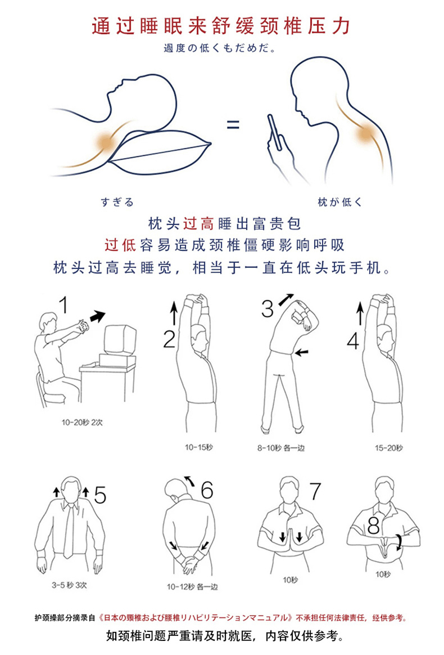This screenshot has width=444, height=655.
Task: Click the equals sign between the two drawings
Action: tap(233, 124)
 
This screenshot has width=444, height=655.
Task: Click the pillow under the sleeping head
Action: tap(164, 151)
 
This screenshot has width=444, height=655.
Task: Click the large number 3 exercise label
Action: tap(268, 309)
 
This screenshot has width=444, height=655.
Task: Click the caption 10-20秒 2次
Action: tap(82, 423)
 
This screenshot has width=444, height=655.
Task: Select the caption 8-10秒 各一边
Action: tap(281, 448)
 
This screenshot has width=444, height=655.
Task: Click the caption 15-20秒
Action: tap(388, 448)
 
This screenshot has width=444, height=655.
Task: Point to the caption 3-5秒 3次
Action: tap(70, 585)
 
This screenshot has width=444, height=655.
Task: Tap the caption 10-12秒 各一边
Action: tap(192, 587)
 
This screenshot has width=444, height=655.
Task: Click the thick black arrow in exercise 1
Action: tap(98, 317)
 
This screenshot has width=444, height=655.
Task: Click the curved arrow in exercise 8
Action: tap(398, 542)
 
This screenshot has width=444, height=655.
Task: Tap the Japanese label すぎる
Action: tap(117, 203)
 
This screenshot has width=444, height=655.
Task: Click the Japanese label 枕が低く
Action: tap(340, 203)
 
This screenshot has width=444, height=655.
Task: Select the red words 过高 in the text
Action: tap(198, 224)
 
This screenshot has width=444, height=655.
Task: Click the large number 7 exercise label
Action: tap(315, 491)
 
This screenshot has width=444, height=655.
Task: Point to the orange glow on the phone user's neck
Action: tap(367, 132)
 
